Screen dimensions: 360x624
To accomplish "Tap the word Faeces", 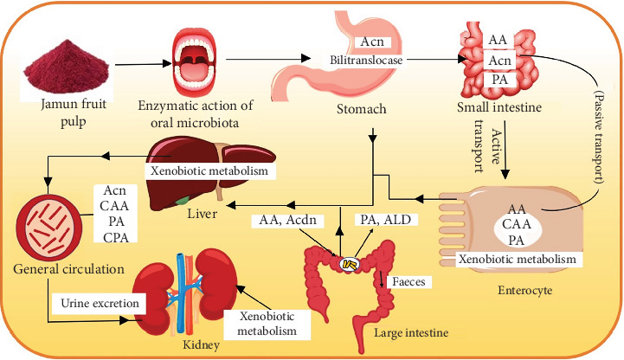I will pyautogui.click(x=407, y=282).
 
